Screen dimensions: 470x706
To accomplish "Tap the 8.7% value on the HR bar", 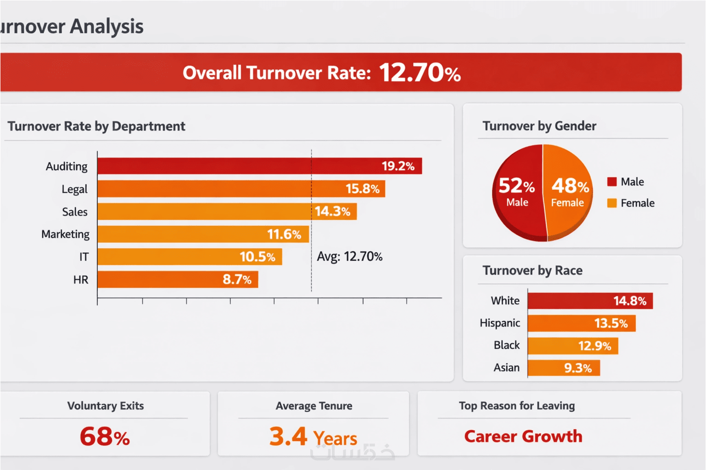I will click(x=237, y=280).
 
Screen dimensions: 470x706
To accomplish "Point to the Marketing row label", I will click(x=66, y=234).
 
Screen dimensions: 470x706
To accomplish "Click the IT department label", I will click(x=84, y=257).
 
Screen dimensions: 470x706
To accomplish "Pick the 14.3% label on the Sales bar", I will click(x=332, y=211).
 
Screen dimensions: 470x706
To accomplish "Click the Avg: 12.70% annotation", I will click(x=349, y=256).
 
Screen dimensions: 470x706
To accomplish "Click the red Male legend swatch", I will click(x=611, y=182).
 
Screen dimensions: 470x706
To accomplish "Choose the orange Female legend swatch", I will click(x=611, y=203).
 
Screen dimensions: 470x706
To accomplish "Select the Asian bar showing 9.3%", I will click(x=564, y=368).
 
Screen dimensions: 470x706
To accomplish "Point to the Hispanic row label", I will click(x=500, y=323).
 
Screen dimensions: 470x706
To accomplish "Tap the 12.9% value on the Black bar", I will click(x=594, y=346).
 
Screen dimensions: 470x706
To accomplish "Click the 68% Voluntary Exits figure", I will click(x=105, y=436).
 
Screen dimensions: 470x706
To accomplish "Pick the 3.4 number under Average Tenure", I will click(x=288, y=436).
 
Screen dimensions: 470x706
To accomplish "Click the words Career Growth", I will click(x=523, y=436).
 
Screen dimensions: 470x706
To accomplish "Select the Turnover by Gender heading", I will click(x=539, y=126).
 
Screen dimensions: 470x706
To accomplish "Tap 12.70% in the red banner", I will click(x=420, y=73).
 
